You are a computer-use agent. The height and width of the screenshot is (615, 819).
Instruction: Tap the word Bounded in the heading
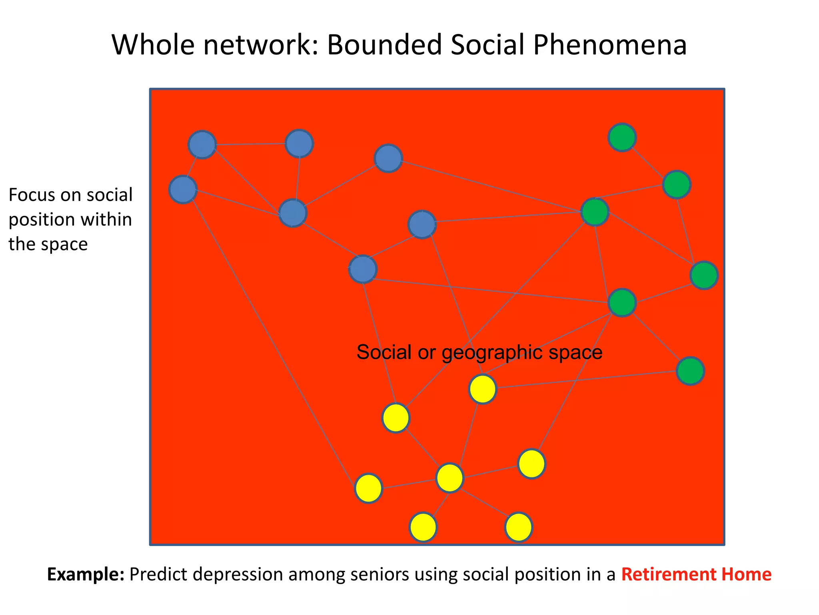(385, 45)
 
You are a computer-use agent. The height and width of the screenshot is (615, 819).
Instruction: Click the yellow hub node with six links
(450, 478)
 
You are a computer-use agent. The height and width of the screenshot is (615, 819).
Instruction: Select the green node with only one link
(622, 138)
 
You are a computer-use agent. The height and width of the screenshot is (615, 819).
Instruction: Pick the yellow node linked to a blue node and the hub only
(369, 488)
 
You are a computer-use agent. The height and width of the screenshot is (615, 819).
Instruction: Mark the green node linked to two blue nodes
(595, 211)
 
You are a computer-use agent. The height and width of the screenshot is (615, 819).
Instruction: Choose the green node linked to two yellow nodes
(623, 303)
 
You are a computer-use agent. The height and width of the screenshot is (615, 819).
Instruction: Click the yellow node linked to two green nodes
(483, 389)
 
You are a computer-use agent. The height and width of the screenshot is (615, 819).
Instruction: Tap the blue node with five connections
(293, 213)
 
